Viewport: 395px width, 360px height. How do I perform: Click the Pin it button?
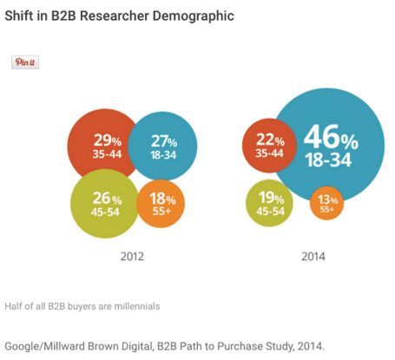click(x=24, y=62)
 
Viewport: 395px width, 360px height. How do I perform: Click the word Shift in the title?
click(x=22, y=16)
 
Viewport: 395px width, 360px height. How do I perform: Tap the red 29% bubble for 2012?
click(x=102, y=146)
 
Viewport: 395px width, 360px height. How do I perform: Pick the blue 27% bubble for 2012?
click(x=163, y=146)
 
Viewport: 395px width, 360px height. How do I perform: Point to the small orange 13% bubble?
click(x=328, y=205)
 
